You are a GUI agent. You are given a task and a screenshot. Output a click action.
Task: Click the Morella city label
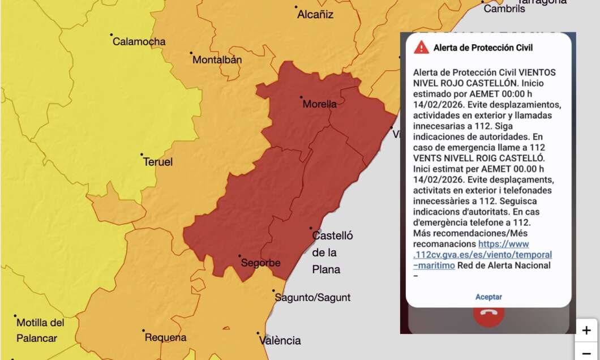319,104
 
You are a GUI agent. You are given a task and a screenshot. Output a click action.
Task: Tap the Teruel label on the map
158,162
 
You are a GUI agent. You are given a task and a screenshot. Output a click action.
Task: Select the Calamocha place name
139,41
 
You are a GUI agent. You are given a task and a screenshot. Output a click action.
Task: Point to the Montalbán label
217,59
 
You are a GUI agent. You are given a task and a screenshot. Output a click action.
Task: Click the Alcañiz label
315,15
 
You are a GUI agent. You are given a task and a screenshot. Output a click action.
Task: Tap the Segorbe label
260,263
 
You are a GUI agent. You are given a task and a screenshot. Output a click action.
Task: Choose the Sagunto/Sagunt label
312,298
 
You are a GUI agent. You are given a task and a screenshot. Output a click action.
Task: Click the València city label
280,341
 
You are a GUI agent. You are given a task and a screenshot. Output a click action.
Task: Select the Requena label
165,338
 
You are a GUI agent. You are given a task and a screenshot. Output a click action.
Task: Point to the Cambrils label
504,9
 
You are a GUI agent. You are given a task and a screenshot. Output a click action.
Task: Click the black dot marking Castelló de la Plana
311,228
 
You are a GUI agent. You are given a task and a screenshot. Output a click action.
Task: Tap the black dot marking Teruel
142,154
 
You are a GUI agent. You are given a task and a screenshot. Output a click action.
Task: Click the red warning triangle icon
421,48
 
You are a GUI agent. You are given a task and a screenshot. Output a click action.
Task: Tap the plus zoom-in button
586,330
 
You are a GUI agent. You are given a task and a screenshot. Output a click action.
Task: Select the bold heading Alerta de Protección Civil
483,48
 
